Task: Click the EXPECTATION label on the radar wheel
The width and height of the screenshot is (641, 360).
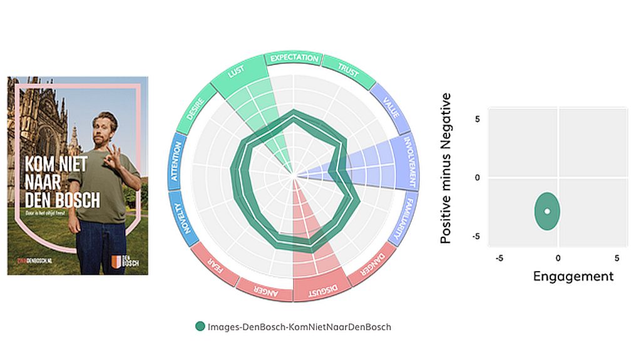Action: coord(294,58)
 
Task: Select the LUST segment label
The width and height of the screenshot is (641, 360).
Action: coord(236,73)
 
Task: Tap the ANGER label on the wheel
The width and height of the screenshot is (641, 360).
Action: coord(264,289)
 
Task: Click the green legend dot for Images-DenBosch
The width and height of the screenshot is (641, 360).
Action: coord(200,326)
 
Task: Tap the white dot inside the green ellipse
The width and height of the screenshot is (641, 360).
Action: coord(547,211)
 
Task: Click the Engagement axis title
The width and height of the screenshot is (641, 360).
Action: coord(573,276)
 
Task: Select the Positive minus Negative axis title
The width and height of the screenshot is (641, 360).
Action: coord(446,168)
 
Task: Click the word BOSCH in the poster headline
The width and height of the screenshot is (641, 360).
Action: coord(78,200)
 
